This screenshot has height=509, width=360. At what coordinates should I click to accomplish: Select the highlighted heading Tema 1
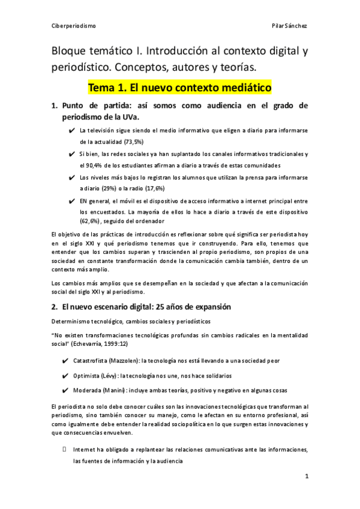point(179,88)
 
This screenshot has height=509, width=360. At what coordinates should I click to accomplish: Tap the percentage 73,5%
point(138,142)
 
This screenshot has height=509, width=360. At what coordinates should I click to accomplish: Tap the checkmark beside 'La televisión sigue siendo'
point(72,130)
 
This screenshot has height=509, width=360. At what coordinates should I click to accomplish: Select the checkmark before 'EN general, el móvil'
point(72,200)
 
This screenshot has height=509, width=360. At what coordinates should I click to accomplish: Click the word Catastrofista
point(95,361)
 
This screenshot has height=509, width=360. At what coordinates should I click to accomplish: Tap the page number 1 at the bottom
point(306,477)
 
